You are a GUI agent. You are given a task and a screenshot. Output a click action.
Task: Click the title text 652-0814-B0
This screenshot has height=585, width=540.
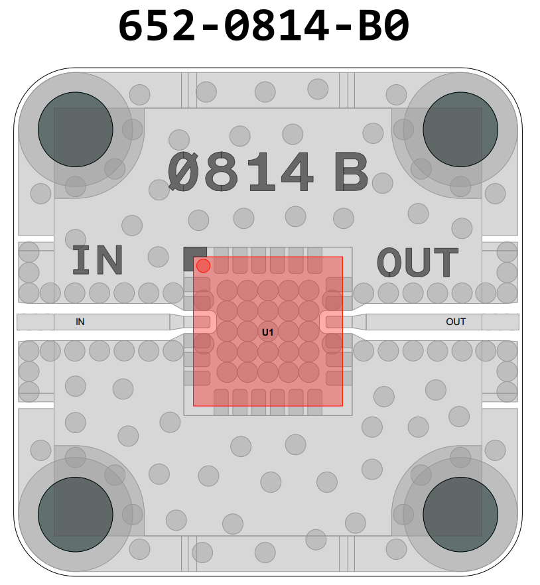264,26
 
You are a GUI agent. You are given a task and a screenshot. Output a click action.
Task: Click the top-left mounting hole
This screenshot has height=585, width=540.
76,129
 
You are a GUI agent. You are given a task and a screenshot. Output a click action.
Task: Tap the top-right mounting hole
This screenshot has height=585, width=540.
460,129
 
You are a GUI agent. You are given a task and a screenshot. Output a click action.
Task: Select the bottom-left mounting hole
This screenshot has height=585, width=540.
76,515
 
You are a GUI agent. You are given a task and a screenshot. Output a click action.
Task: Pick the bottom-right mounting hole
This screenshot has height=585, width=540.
460,515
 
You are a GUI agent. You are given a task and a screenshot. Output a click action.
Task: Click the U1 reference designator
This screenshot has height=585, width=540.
267,332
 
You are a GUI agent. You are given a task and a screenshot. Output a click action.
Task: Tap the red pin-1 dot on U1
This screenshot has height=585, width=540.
204,265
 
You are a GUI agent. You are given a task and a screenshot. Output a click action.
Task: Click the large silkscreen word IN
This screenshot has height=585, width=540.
98,260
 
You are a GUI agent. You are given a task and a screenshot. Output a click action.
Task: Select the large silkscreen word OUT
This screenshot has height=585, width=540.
417,262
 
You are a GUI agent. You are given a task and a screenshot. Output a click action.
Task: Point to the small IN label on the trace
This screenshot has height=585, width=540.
80,322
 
